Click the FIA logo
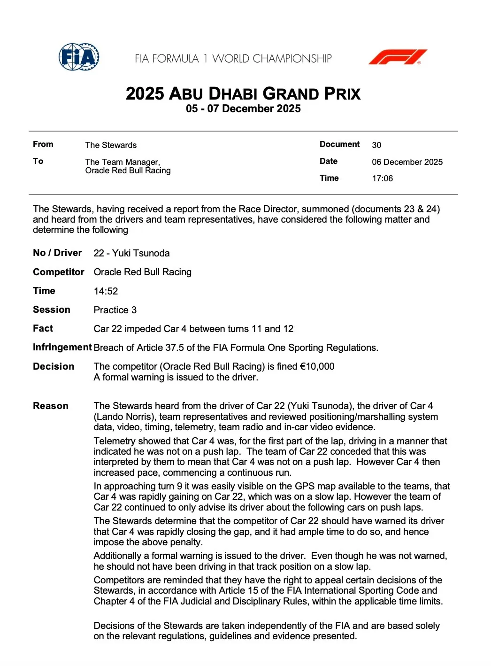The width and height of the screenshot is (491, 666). tap(79, 57)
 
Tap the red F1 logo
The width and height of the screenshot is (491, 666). tap(398, 57)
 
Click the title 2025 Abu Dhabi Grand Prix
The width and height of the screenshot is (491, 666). tap(243, 93)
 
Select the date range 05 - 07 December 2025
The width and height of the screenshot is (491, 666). tap(243, 109)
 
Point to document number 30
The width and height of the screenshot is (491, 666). tap(376, 145)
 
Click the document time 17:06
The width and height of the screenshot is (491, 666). tap(382, 178)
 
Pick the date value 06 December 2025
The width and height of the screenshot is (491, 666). tap(407, 162)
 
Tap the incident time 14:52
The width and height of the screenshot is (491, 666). tap(106, 291)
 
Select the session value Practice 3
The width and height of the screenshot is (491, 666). tap(115, 310)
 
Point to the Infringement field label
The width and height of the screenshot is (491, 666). tap(62, 348)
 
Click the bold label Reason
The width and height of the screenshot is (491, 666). tap(51, 406)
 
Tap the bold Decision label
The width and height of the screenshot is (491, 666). tap(54, 366)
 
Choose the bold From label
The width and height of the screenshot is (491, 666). tap(43, 144)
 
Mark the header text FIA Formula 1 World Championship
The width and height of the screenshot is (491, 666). tap(233, 59)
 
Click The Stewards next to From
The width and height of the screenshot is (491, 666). tap(111, 145)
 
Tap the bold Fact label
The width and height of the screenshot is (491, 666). tap(43, 328)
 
